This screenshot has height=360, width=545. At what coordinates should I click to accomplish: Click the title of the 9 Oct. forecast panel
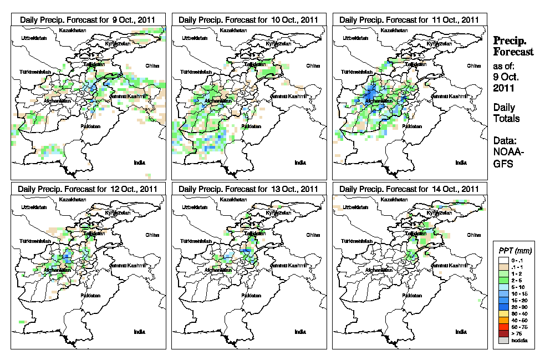click(x=88, y=19)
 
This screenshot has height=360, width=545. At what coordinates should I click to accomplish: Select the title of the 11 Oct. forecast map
click(x=409, y=19)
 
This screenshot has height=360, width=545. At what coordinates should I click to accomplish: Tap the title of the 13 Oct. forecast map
click(x=248, y=189)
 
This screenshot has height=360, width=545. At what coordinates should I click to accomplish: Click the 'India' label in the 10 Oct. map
click(x=300, y=163)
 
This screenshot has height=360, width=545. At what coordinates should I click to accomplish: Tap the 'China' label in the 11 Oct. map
click(x=474, y=65)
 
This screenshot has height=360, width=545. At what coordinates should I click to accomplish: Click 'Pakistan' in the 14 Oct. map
click(x=412, y=296)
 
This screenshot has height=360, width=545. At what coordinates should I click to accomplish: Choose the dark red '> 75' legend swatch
click(x=503, y=334)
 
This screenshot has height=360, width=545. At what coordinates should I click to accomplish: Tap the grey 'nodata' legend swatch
click(x=503, y=340)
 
